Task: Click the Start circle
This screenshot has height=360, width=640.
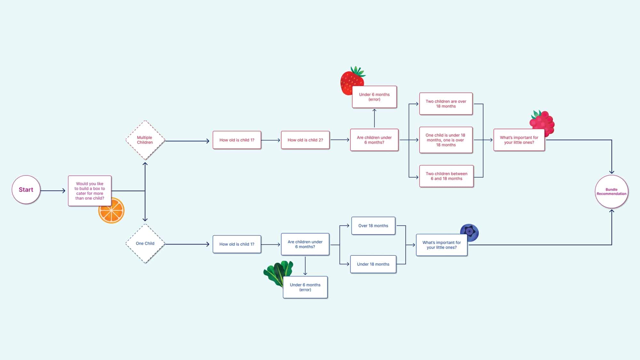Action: click(26, 190)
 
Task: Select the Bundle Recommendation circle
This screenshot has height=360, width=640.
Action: click(611, 192)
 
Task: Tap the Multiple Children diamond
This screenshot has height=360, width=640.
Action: click(145, 140)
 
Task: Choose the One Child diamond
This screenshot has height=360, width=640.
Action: click(145, 244)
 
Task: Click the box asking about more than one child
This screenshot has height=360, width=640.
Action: click(90, 191)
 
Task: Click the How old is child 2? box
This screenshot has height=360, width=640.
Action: click(305, 140)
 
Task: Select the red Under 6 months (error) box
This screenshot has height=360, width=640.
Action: click(374, 97)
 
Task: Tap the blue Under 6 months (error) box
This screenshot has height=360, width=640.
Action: click(305, 287)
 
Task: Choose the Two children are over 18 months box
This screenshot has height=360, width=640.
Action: click(446, 104)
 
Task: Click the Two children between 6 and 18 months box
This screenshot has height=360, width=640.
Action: click(446, 176)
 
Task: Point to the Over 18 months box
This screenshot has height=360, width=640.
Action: click(373, 226)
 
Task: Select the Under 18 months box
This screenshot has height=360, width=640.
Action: click(373, 264)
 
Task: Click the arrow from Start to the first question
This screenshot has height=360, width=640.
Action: click(53, 191)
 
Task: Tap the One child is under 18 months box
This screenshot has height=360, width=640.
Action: click(446, 140)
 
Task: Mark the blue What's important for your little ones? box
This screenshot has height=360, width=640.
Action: click(442, 245)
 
